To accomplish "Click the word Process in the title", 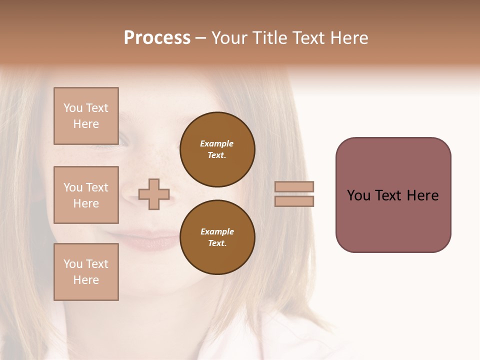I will [x=157, y=38].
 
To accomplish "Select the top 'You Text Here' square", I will [x=86, y=116].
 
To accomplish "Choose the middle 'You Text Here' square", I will [x=86, y=195].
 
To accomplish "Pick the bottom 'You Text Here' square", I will [x=86, y=272].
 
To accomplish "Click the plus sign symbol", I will [x=154, y=194].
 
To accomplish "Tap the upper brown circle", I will [x=217, y=149].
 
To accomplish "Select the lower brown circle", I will [x=217, y=237].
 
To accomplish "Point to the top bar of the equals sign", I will [x=294, y=186].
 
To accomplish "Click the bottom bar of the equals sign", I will [x=294, y=201].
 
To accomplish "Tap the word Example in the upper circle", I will [x=216, y=143].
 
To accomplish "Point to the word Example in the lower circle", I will [x=217, y=231].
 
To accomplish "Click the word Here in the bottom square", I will [x=86, y=280].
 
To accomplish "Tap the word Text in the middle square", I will [x=96, y=187].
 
